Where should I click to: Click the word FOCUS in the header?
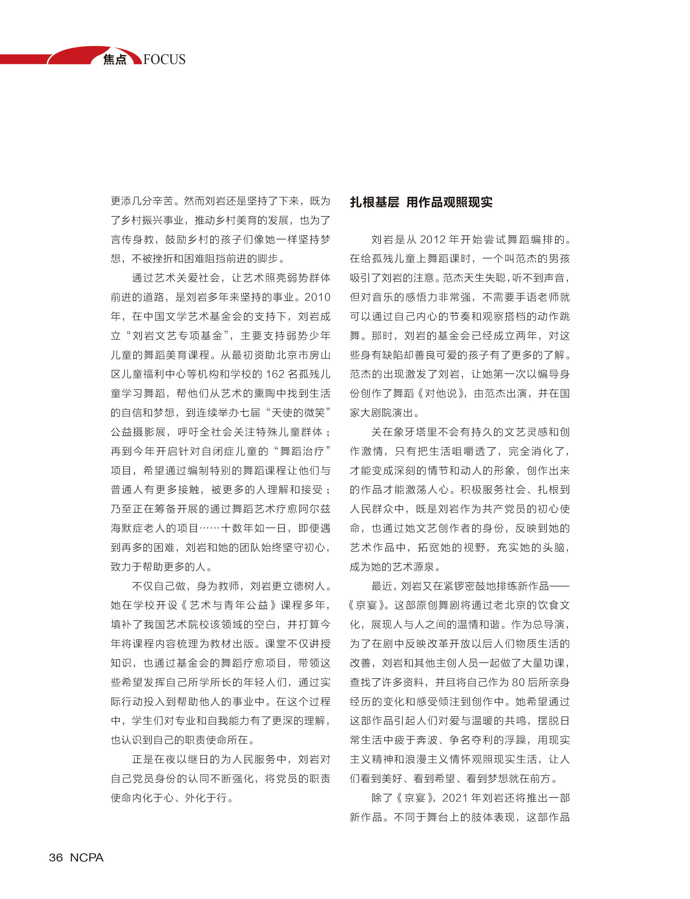coord(164,60)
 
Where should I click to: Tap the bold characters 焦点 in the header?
coord(115,60)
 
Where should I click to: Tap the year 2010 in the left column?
coord(317,297)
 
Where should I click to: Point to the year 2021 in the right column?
coord(455,798)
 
